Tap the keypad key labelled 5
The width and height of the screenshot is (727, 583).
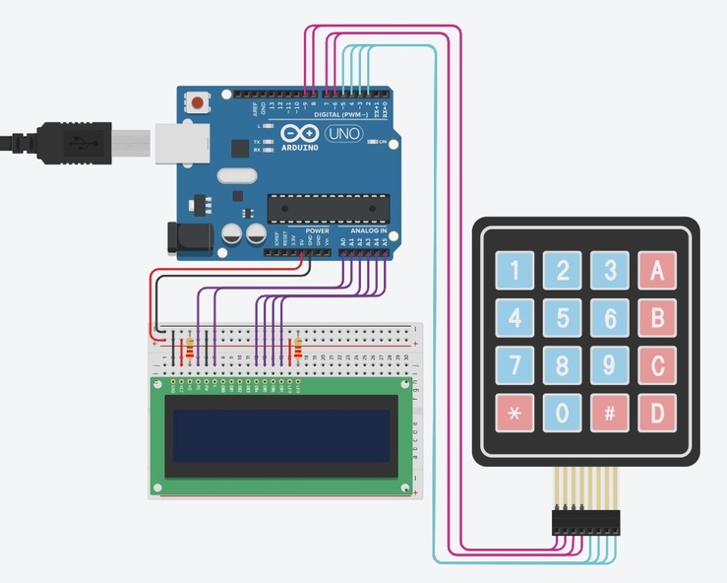click(562, 317)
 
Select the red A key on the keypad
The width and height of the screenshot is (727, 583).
click(657, 270)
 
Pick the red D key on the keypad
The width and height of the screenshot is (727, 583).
click(657, 413)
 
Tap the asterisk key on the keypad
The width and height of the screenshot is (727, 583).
click(515, 413)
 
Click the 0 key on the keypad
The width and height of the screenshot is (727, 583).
click(562, 413)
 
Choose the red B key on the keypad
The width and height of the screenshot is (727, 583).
click(657, 317)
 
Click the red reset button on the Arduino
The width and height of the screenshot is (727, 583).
click(200, 101)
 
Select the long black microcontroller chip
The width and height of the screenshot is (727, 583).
click(328, 208)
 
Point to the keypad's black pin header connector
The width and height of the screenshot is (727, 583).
click(586, 522)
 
